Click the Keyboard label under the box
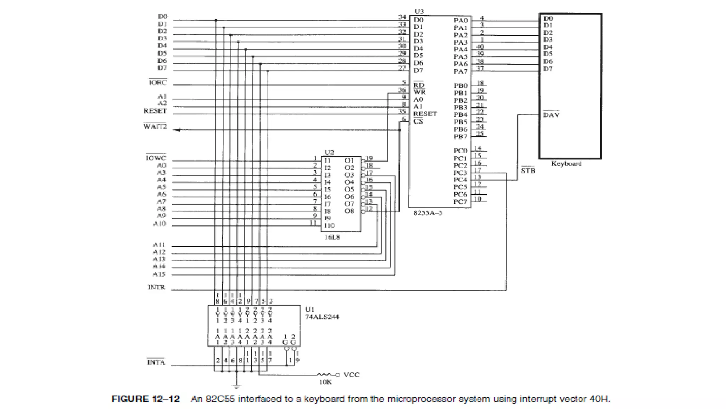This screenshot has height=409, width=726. pos(566,164)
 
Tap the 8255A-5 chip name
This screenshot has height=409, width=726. pos(428,213)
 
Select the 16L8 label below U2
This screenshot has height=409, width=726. pos(332,237)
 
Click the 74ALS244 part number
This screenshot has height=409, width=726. pos(322,317)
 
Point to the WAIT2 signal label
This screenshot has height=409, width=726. pos(155,127)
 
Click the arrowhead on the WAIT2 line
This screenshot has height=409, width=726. pos(177,130)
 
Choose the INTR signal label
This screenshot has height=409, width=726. pos(156,287)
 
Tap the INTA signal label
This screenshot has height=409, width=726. pos(156,362)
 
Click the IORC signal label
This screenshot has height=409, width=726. pos(157,83)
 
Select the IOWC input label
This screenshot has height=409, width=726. pos(156,158)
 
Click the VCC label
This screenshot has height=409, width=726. pos(351,375)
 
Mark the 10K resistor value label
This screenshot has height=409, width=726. pos(325,382)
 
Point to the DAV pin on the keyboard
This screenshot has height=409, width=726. pos(551,115)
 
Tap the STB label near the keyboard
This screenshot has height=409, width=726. pos(528,171)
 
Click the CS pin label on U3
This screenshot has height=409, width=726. pos(418,121)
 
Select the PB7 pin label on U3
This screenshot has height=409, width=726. pos(460,137)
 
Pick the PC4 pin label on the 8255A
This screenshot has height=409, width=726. pos(460,180)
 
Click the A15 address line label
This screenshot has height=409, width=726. pos(159,274)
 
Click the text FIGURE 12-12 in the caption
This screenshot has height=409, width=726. pos(145,399)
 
